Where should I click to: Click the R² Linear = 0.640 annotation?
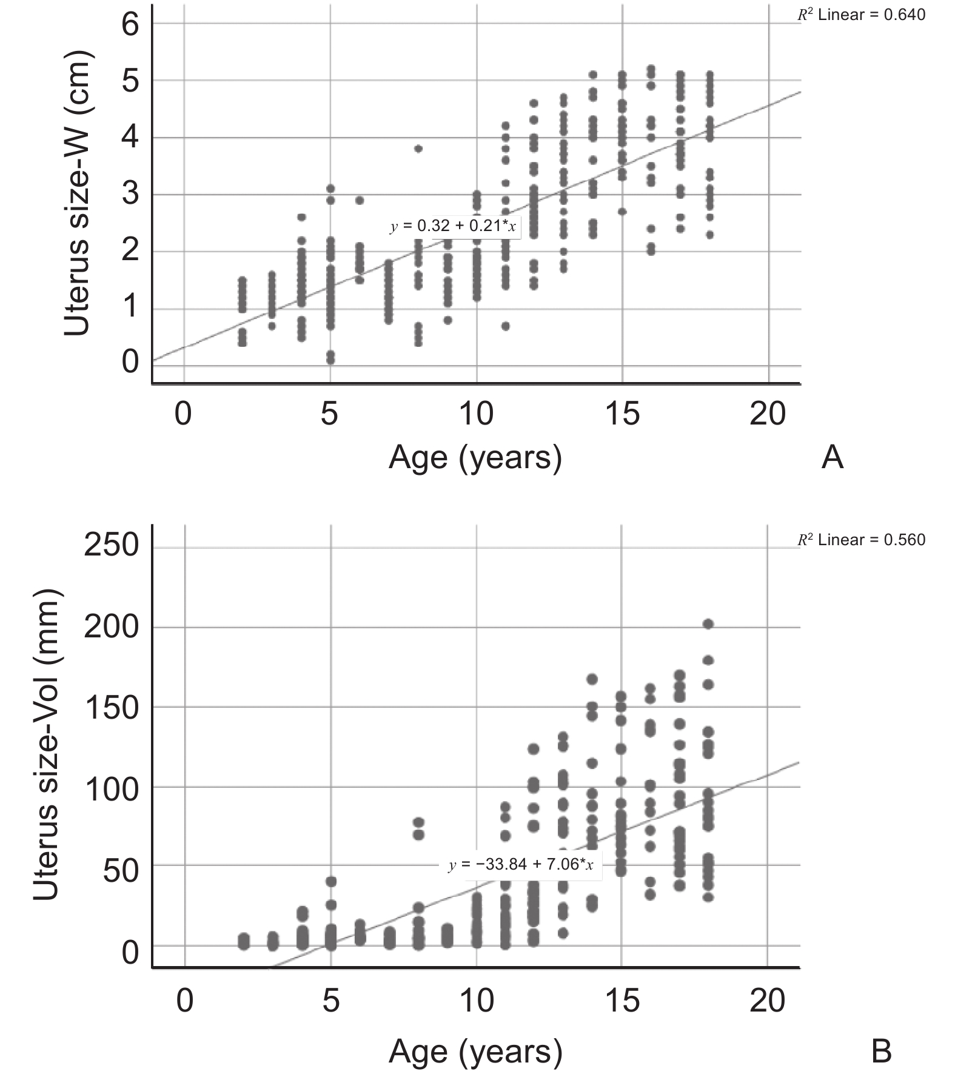[x=861, y=15]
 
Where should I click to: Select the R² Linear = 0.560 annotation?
[x=861, y=540]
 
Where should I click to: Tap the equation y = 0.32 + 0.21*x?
[x=452, y=226]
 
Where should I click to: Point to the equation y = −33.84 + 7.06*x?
[x=520, y=864]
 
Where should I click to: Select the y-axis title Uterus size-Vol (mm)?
[x=46, y=744]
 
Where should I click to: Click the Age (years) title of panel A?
[x=475, y=458]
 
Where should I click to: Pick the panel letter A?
[x=832, y=458]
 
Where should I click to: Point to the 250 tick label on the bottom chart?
[x=112, y=545]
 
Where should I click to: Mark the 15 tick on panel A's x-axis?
[x=622, y=414]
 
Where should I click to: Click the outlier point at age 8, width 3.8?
[x=418, y=149]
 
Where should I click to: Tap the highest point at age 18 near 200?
[x=708, y=624]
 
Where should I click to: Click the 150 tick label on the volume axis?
[x=112, y=708]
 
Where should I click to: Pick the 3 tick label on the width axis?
[x=130, y=195]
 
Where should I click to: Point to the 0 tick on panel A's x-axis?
[x=183, y=414]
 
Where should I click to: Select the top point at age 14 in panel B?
[x=592, y=679]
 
